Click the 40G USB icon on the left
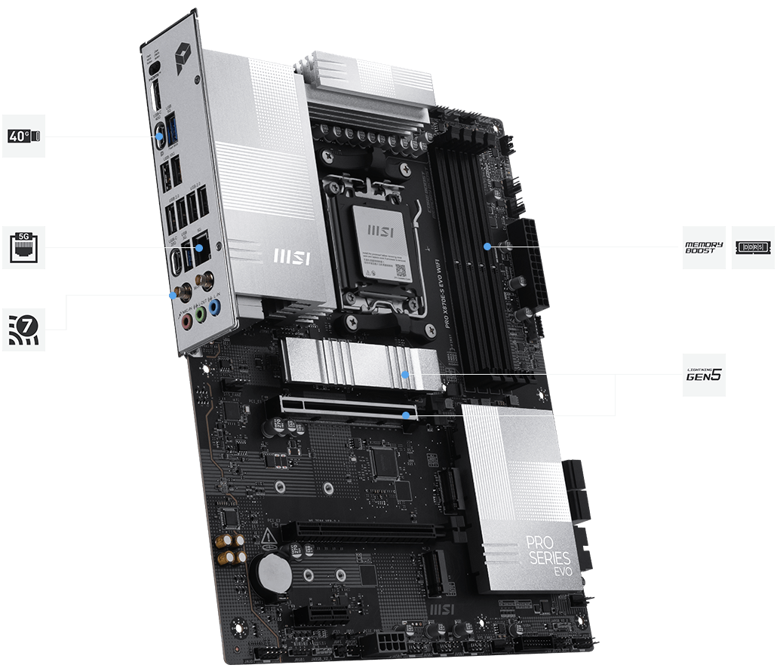pyautogui.click(x=23, y=136)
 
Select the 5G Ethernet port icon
pyautogui.click(x=23, y=247)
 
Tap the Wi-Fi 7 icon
pyautogui.click(x=23, y=329)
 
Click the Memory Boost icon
pyautogui.click(x=704, y=247)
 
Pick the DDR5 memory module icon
pyautogui.click(x=753, y=247)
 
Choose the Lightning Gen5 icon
pyautogui.click(x=704, y=375)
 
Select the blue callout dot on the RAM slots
pyautogui.click(x=488, y=246)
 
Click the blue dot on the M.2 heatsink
pyautogui.click(x=406, y=374)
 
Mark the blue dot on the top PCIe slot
pyautogui.click(x=407, y=414)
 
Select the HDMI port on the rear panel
pyautogui.click(x=155, y=98)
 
